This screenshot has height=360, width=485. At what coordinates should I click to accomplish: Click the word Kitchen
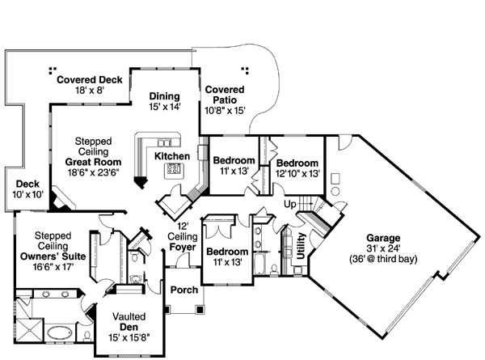(172, 155)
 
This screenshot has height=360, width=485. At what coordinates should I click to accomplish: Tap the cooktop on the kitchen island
(173, 170)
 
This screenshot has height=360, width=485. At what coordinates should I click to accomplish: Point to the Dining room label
(164, 96)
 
